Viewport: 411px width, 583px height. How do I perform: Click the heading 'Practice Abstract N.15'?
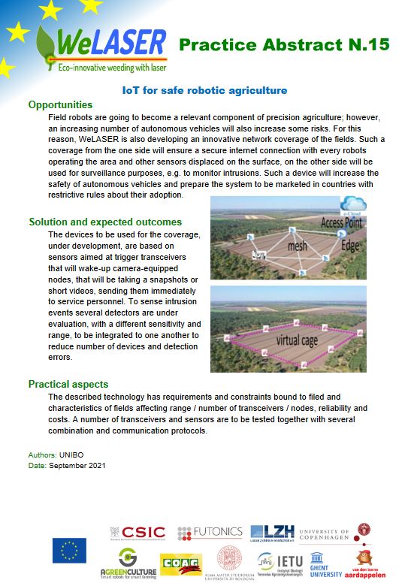(284, 45)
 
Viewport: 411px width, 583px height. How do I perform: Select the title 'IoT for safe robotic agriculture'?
(204, 91)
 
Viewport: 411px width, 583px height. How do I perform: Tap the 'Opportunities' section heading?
(61, 105)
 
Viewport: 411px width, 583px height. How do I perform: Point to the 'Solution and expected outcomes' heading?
(105, 222)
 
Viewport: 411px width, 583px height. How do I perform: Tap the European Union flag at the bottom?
(68, 551)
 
